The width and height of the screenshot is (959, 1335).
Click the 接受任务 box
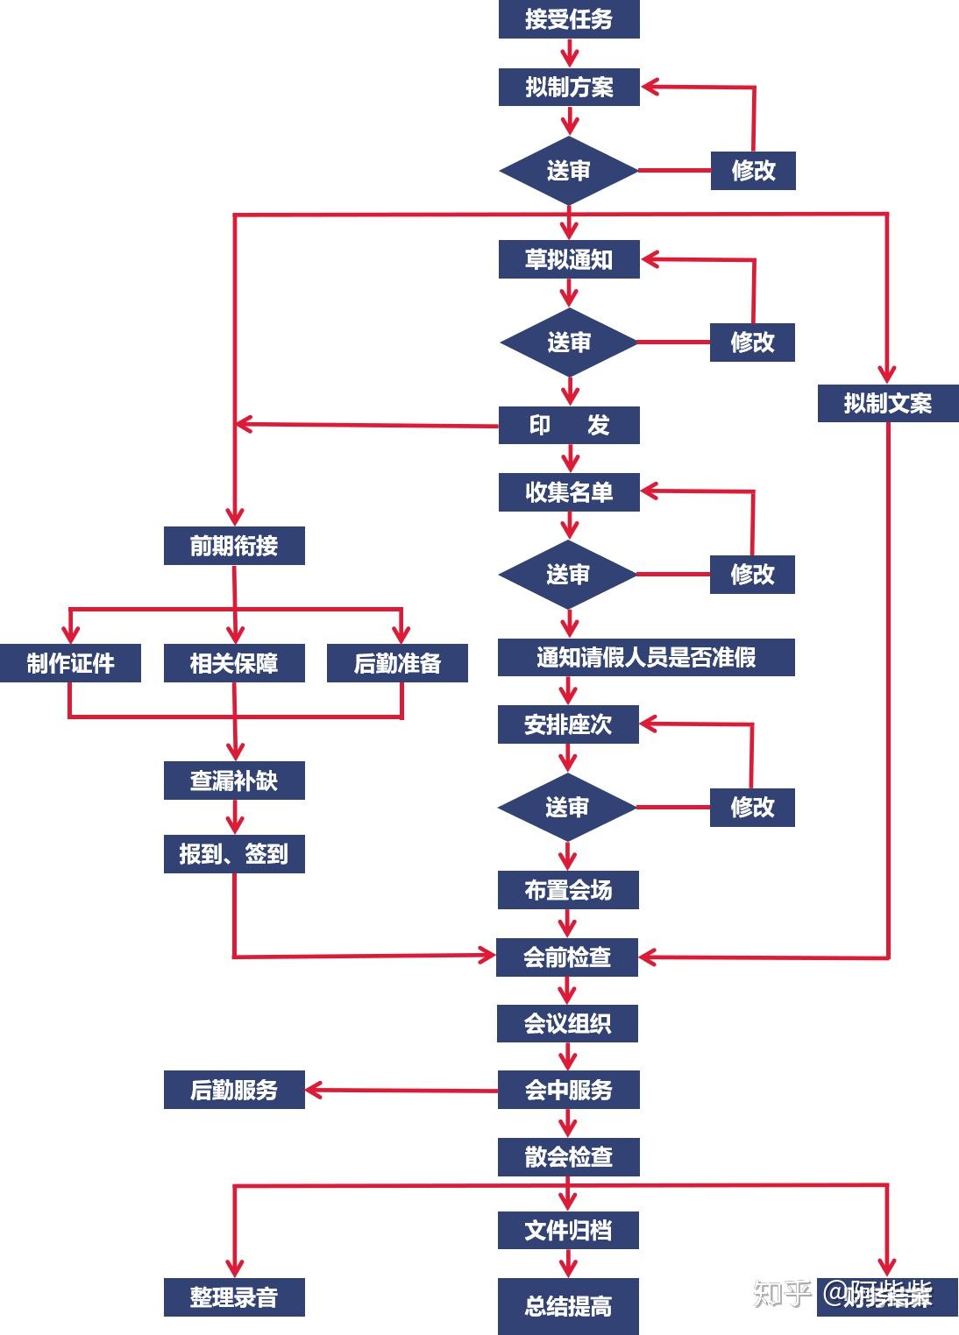569,19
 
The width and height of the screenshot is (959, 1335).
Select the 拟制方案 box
569,87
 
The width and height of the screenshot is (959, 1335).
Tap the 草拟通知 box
569,259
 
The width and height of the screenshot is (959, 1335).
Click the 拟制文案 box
887,403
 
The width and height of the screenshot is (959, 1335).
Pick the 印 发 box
569,425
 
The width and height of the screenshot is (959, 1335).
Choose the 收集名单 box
569,491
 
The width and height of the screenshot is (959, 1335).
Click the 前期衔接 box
234,546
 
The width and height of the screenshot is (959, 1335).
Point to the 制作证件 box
70,663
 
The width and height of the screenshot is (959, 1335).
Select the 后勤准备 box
397,663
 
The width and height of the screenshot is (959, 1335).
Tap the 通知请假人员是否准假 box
646,657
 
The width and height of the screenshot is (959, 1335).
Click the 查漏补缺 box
234,780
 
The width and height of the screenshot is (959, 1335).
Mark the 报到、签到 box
234,853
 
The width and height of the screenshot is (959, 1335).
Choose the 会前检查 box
567,957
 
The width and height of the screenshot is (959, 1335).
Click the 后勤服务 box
234,1090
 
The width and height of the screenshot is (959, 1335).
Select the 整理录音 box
234,1296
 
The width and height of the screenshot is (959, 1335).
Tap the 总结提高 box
568,1306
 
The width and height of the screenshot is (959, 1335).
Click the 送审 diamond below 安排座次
567,807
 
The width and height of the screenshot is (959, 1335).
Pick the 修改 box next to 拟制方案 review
753,170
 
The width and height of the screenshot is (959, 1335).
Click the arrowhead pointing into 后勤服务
314,1091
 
